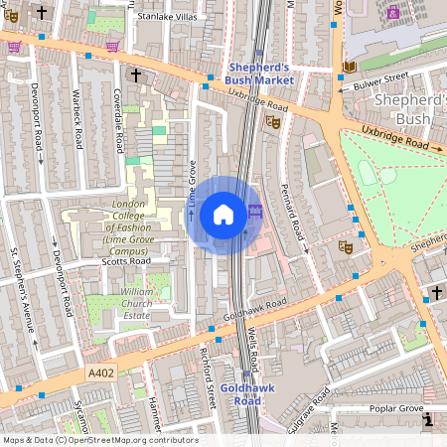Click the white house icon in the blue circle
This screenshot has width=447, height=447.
click(223, 214)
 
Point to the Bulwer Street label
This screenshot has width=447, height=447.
click(382, 76)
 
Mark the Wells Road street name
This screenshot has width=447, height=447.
click(252, 343)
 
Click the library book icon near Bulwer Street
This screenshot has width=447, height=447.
click(349, 67)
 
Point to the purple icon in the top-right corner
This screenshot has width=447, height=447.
click(394, 14)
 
